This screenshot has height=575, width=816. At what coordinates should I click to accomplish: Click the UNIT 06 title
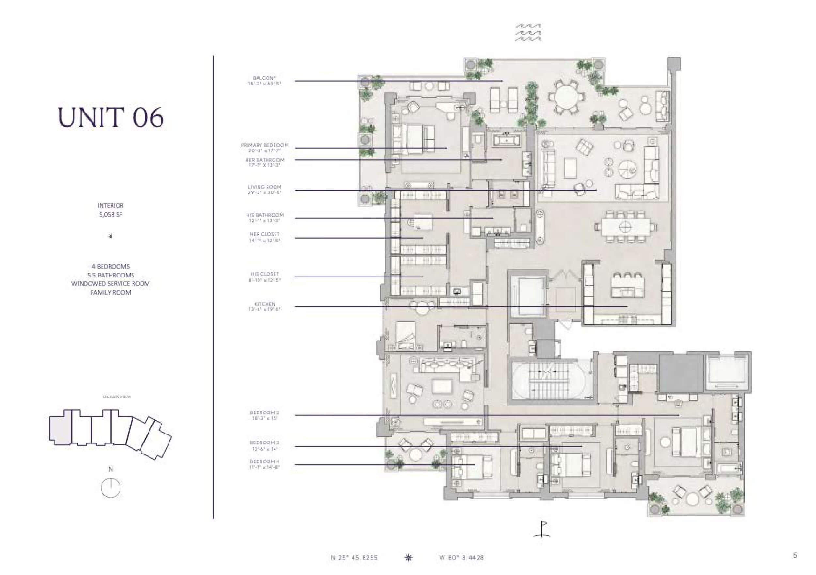coord(111,117)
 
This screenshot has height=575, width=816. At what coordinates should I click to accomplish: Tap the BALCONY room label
coord(264,78)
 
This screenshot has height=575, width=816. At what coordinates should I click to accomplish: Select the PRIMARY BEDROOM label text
coord(264,145)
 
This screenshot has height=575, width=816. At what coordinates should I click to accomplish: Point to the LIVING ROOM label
coord(264,187)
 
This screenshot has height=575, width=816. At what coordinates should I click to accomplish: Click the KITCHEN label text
coord(264,304)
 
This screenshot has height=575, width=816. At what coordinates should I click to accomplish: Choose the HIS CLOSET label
coord(264,274)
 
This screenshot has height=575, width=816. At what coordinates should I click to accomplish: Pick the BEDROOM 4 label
coord(264,462)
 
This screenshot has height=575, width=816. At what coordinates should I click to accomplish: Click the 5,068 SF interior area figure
coord(111,215)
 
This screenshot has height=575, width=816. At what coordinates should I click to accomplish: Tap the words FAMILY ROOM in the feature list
coord(111,292)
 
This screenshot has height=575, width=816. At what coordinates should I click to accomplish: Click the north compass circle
coord(111,488)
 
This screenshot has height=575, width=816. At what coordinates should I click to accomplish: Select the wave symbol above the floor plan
coord(528,33)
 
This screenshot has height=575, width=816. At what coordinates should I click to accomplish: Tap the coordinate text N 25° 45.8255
coord(354,558)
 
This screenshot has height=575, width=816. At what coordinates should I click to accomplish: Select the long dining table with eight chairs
coord(625,226)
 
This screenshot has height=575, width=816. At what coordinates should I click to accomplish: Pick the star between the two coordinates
coord(408,557)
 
